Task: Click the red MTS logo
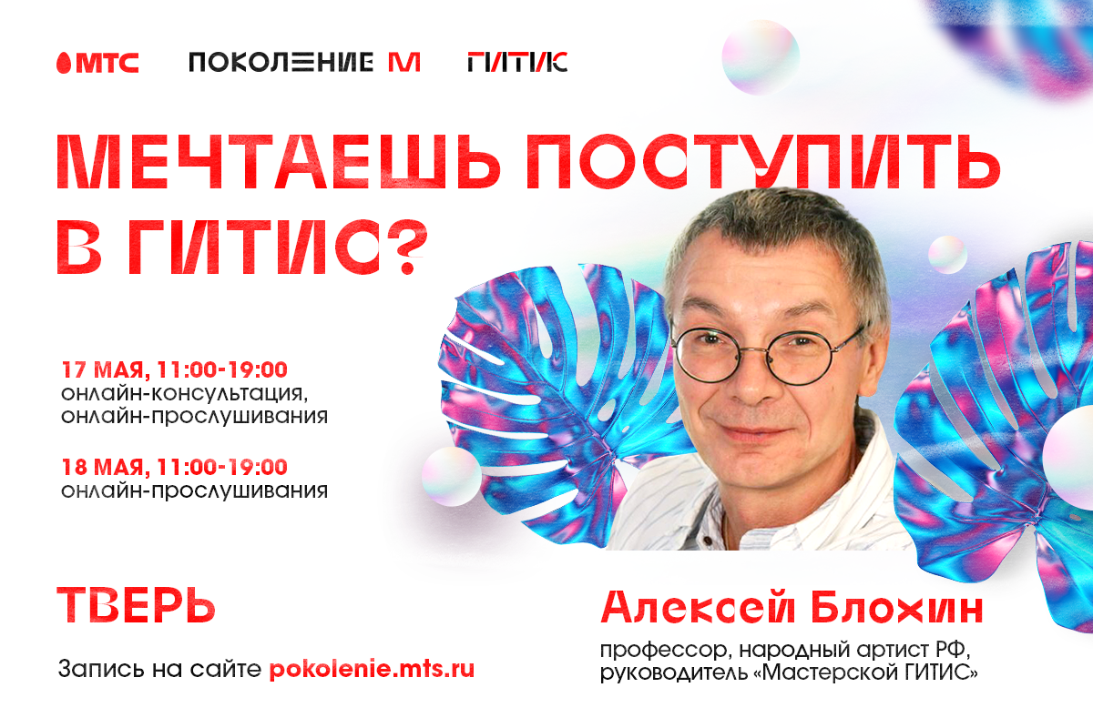[97, 62]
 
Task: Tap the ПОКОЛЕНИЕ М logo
[303, 62]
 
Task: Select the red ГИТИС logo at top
[516, 62]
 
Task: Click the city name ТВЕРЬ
[137, 603]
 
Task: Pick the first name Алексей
[696, 607]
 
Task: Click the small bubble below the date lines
[451, 475]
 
